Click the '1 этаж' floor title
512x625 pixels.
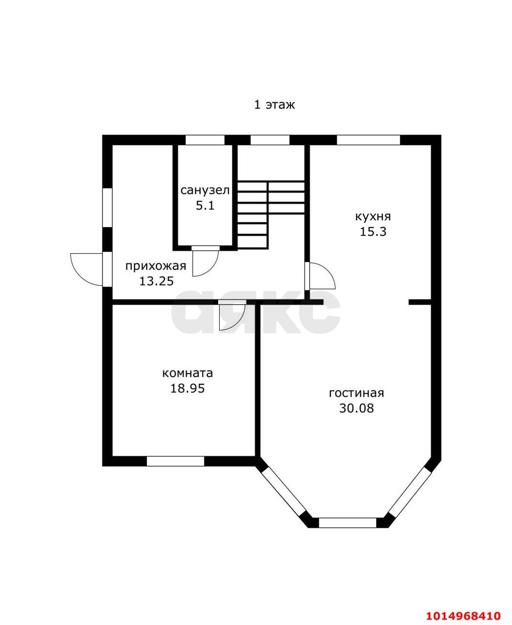pyautogui.click(x=274, y=104)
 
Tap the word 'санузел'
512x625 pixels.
pyautogui.click(x=205, y=190)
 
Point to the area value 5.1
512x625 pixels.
pyautogui.click(x=205, y=206)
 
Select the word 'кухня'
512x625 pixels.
pyautogui.click(x=373, y=217)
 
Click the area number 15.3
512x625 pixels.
pyautogui.click(x=373, y=231)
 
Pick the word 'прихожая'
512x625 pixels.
pyautogui.click(x=156, y=266)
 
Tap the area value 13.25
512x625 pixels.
pyautogui.click(x=157, y=281)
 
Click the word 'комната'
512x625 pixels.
pyautogui.click(x=187, y=373)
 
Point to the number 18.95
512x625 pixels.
pyautogui.click(x=187, y=388)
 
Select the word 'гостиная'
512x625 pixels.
pyautogui.click(x=356, y=393)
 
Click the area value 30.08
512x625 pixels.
pyautogui.click(x=356, y=408)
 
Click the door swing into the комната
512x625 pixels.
pyautogui.click(x=239, y=322)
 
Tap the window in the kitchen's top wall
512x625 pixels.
pyautogui.click(x=369, y=140)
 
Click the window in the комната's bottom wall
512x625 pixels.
pyautogui.click(x=175, y=461)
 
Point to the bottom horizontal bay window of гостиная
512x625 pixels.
pyautogui.click(x=348, y=523)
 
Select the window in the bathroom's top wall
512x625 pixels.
pyautogui.click(x=205, y=140)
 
